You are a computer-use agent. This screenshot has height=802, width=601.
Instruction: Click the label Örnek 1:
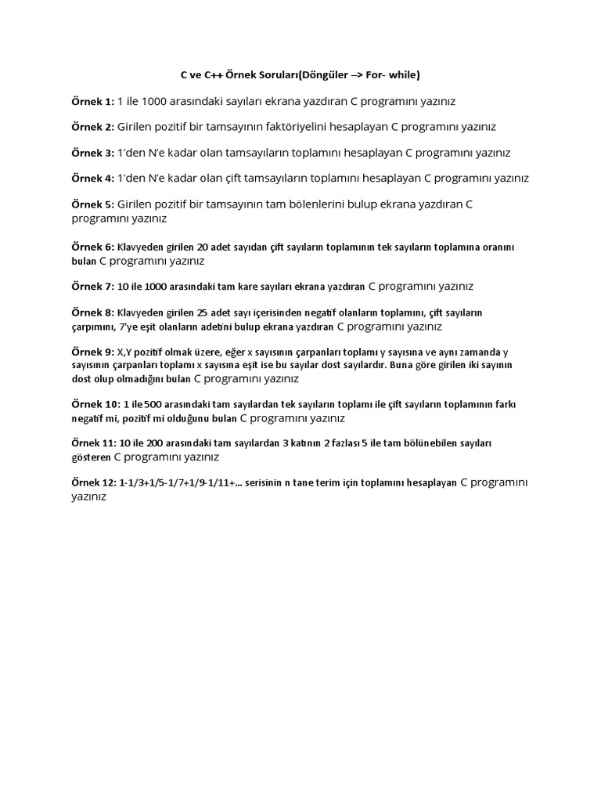[92, 101]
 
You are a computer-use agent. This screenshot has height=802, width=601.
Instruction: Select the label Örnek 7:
[92, 287]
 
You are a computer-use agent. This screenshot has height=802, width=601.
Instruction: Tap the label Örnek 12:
[95, 483]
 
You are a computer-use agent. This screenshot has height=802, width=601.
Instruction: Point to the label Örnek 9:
[92, 352]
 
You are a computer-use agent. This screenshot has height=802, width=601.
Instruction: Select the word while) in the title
[405, 75]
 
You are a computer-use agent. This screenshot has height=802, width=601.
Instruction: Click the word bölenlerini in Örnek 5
[303, 204]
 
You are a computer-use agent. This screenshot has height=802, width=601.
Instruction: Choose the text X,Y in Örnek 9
[125, 352]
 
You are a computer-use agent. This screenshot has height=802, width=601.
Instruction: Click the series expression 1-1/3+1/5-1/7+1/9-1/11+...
[181, 483]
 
